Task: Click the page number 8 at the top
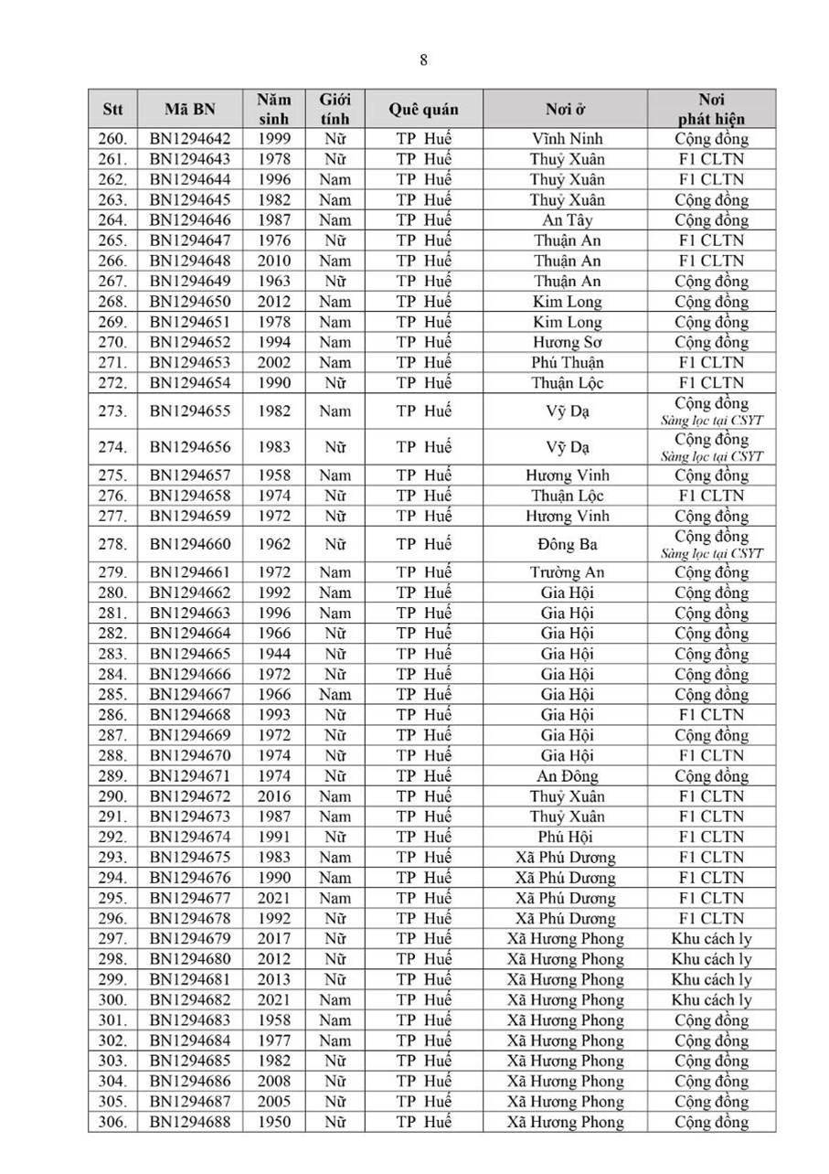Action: [x=423, y=60]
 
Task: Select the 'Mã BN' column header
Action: [x=190, y=110]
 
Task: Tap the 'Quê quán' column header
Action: [x=423, y=110]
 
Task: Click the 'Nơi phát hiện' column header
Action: [x=711, y=110]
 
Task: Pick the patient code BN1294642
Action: [x=190, y=139]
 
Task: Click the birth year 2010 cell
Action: [x=273, y=261]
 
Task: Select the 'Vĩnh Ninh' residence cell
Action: [x=566, y=139]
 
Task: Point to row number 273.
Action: [x=112, y=411]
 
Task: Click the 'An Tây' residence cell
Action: [x=566, y=220]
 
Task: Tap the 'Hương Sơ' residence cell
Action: [x=566, y=342]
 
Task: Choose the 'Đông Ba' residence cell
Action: [x=566, y=544]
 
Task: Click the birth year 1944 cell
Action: [x=273, y=654]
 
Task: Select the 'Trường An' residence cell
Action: [x=566, y=572]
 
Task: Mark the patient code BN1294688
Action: [x=190, y=1122]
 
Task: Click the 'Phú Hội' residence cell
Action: [x=566, y=837]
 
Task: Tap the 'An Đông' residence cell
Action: [x=566, y=775]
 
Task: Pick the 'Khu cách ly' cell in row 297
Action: [x=711, y=938]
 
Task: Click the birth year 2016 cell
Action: [x=273, y=795]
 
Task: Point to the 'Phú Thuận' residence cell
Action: [x=566, y=362]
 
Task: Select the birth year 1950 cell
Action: [x=273, y=1122]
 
